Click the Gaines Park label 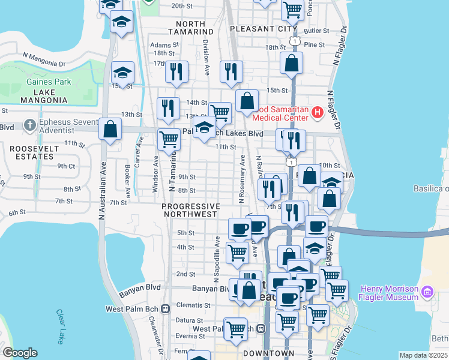pyautogui.click(x=49, y=82)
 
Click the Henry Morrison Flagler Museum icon pyautogui.click(x=427, y=293)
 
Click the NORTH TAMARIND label pyautogui.click(x=191, y=31)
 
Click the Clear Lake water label pyautogui.click(x=61, y=327)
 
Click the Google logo pyautogui.click(x=19, y=353)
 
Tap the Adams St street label pyautogui.click(x=164, y=45)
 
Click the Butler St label pyautogui.click(x=313, y=30)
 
